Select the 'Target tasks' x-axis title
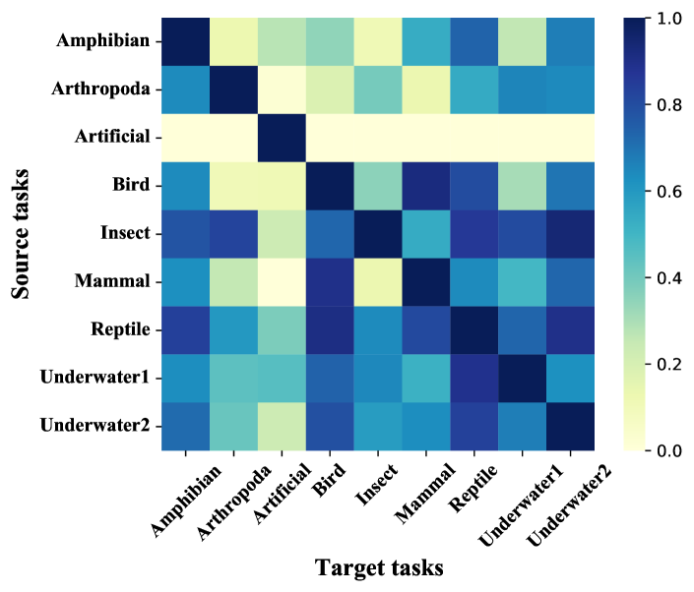[379, 566]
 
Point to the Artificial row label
[112, 137]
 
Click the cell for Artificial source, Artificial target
[283, 138]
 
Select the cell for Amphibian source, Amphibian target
[186, 41]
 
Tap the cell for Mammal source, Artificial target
[283, 281]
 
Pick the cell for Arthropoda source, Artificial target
[283, 89]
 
